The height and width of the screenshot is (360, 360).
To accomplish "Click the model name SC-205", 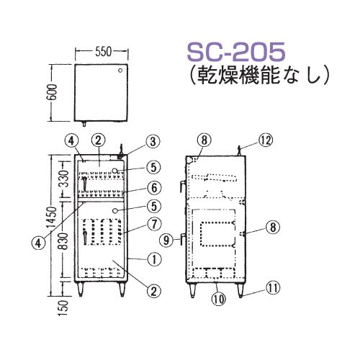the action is coord(236,52).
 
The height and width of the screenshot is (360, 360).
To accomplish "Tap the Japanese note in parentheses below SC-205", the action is coord(258,76).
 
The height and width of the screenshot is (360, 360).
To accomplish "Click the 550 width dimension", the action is coord(104,52).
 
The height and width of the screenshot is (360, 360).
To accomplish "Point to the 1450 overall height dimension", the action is coord(52,217).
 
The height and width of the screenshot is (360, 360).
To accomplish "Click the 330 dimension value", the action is coord(64,179).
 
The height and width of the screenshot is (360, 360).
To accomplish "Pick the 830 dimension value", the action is coord(64,241).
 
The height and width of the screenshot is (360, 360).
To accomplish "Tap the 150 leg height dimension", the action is coord(63,308).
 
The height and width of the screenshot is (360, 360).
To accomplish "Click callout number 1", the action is coord(154,259).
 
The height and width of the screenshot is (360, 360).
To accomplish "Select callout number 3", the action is coord(153,142).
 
